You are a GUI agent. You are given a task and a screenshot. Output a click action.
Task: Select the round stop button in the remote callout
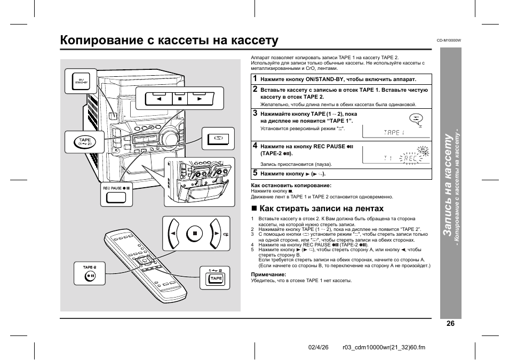[196, 233]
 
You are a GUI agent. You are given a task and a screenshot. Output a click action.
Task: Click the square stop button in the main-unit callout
[180, 99]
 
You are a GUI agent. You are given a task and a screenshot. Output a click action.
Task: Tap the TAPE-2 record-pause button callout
[90, 276]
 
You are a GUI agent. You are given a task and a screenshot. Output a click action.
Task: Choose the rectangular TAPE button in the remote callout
[216, 278]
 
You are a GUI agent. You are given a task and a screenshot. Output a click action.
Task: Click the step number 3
[255, 113]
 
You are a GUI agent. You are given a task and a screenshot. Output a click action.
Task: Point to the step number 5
[255, 173]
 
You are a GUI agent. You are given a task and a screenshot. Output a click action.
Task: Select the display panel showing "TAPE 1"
[396, 132]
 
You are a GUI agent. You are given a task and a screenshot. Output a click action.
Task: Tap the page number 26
[450, 323]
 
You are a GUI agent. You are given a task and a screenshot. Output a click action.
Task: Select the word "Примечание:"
[268, 274]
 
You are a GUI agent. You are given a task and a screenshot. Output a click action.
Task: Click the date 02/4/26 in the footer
[319, 348]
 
